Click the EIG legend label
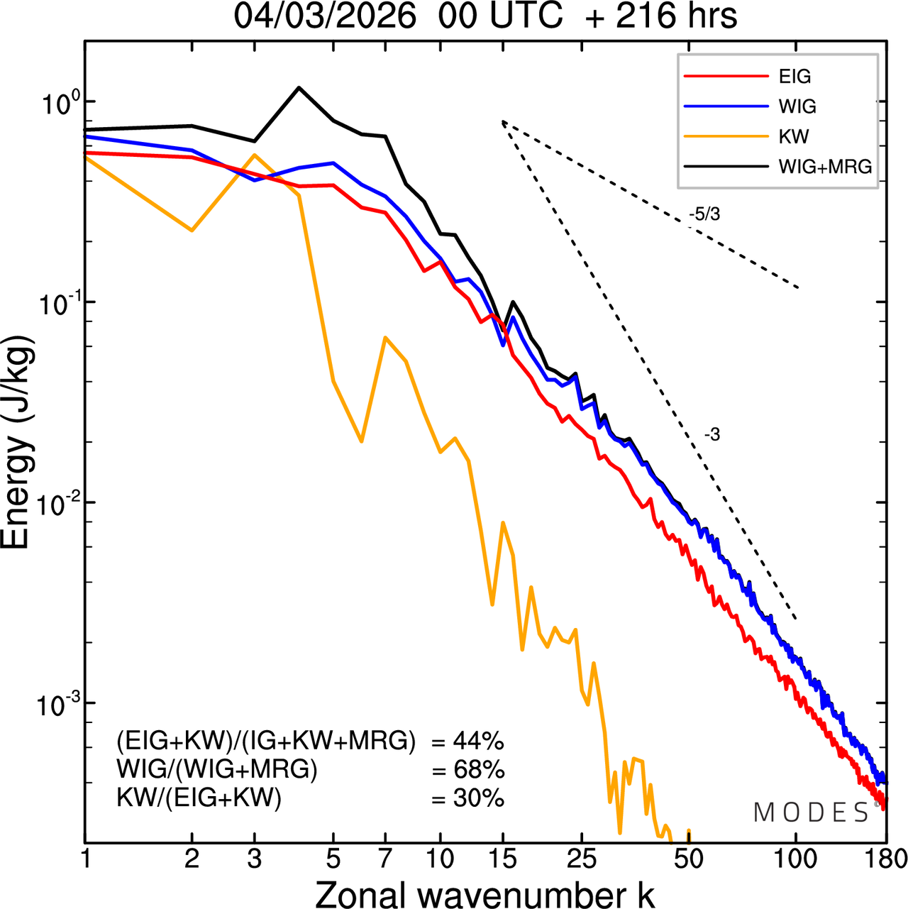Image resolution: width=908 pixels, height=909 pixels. (794, 77)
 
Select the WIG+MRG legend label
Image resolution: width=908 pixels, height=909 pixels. (825, 167)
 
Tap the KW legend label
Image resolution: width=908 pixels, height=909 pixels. (794, 136)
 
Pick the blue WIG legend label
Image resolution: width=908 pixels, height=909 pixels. (797, 106)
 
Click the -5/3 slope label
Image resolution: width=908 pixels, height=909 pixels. (704, 214)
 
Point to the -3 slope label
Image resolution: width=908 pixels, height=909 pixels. (712, 435)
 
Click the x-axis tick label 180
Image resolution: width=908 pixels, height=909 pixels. (885, 859)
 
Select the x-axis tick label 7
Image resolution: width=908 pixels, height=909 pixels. (385, 859)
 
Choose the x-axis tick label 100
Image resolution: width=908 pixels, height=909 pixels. (795, 859)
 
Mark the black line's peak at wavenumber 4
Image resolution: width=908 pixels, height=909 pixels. (299, 87)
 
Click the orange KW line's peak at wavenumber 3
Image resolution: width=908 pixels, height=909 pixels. (255, 155)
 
